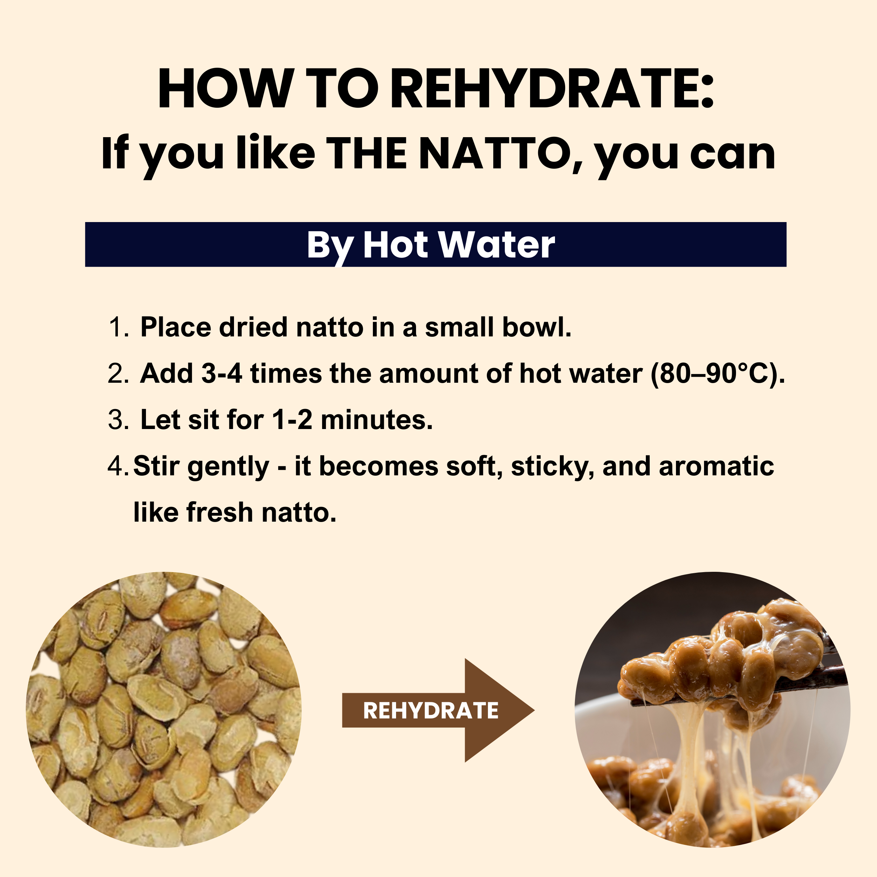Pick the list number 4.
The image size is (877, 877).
coord(119,466)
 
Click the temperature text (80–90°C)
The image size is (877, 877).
coord(718,375)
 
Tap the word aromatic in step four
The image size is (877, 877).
coord(716,466)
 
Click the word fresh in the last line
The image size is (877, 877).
coord(220,513)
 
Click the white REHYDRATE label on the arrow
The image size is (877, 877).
coord(431,710)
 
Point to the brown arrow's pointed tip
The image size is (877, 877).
coord(534,710)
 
